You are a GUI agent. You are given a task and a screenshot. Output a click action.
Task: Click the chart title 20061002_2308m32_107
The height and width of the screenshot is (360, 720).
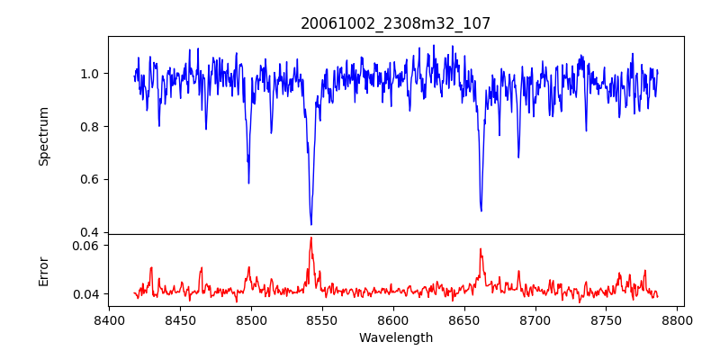(396, 23)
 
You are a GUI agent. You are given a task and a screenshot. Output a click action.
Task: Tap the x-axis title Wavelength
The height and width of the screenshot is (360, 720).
(396, 337)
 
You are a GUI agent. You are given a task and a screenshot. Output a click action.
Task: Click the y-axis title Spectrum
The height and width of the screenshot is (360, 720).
(43, 136)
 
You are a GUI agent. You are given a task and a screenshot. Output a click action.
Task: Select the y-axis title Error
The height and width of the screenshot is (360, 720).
(43, 269)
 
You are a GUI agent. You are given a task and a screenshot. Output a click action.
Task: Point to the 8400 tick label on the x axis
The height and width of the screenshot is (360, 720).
(109, 319)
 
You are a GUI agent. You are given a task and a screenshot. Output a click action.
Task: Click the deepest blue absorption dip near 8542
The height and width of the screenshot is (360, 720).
(311, 224)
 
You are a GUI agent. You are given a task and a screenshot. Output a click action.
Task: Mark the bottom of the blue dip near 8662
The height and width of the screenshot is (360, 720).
(481, 211)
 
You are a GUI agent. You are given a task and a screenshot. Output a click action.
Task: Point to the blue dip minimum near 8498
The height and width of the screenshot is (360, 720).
(248, 183)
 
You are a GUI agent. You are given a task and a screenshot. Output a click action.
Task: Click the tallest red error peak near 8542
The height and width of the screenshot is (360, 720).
(311, 238)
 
